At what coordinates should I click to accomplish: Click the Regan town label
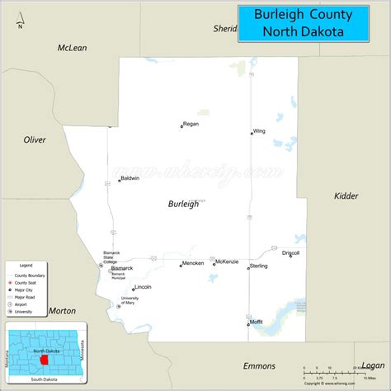pyautogui.click(x=191, y=124)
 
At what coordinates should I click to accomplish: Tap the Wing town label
pyautogui.click(x=259, y=130)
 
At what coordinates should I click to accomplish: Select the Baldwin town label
pyautogui.click(x=130, y=178)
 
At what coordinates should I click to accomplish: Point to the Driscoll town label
pyautogui.click(x=291, y=253)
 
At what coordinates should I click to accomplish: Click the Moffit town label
pyautogui.click(x=257, y=323)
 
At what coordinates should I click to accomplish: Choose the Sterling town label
pyautogui.click(x=259, y=266)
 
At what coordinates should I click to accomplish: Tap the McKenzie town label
pyautogui.click(x=227, y=261)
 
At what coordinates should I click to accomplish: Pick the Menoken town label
pyautogui.click(x=193, y=264)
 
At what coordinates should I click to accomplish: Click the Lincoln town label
pyautogui.click(x=143, y=287)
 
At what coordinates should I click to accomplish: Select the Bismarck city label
pyautogui.click(x=122, y=268)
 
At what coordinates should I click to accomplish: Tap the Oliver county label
pyautogui.click(x=35, y=139)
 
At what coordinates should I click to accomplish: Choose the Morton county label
pyautogui.click(x=63, y=310)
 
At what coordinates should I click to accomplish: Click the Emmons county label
pyautogui.click(x=259, y=365)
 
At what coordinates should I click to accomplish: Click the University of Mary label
pyautogui.click(x=130, y=300)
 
